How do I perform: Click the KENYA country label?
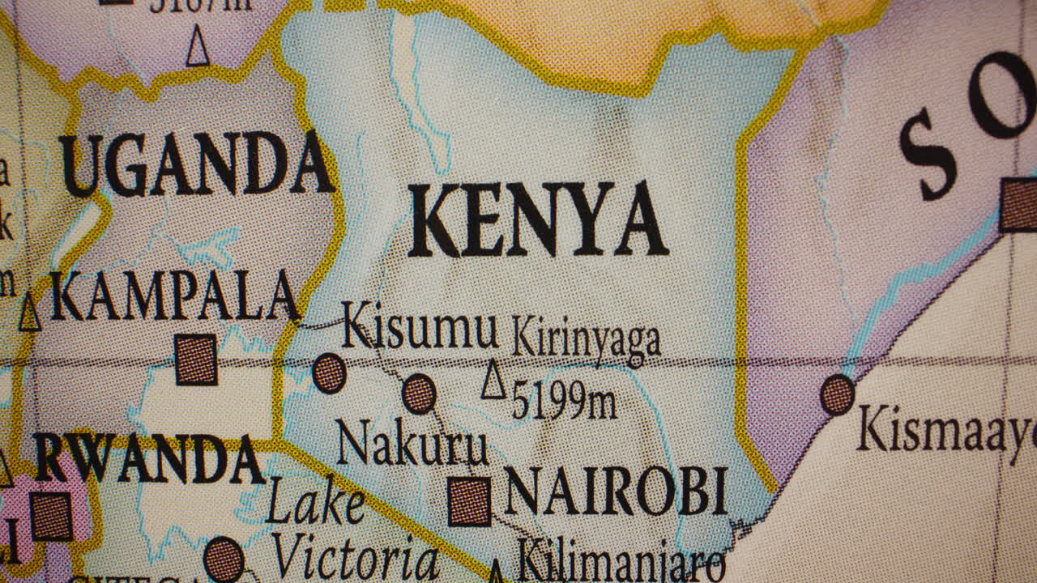[x=536, y=220]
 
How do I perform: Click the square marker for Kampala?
[x=196, y=360]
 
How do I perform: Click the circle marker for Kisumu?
[x=330, y=373]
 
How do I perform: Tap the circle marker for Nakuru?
[x=419, y=394]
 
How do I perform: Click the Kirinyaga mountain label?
[x=587, y=338]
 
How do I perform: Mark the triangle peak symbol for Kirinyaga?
[x=493, y=381]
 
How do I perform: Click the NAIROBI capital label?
[x=615, y=492]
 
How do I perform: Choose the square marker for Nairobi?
[x=470, y=501]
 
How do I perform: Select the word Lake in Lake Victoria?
[x=315, y=502]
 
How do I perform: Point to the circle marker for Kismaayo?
[x=837, y=394]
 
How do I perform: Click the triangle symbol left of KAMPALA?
[x=30, y=313]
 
